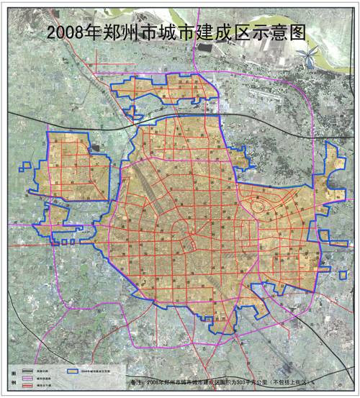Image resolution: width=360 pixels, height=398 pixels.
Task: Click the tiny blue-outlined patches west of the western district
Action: coord(26,170)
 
